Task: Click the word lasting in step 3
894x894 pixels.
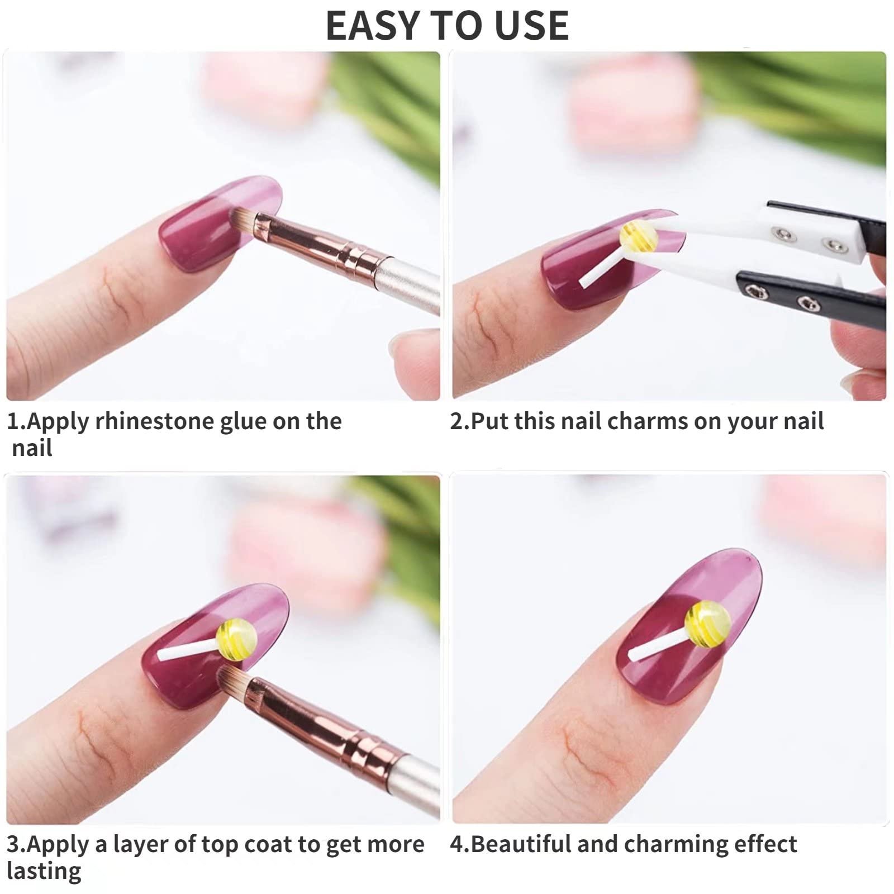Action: click(44, 871)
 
